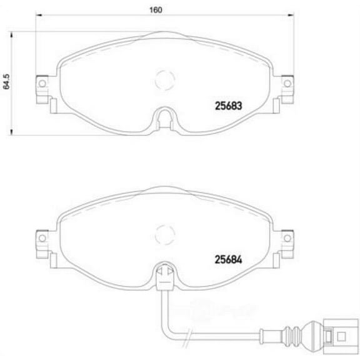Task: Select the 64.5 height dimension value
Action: [x=8, y=81]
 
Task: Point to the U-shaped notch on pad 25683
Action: [x=164, y=117]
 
